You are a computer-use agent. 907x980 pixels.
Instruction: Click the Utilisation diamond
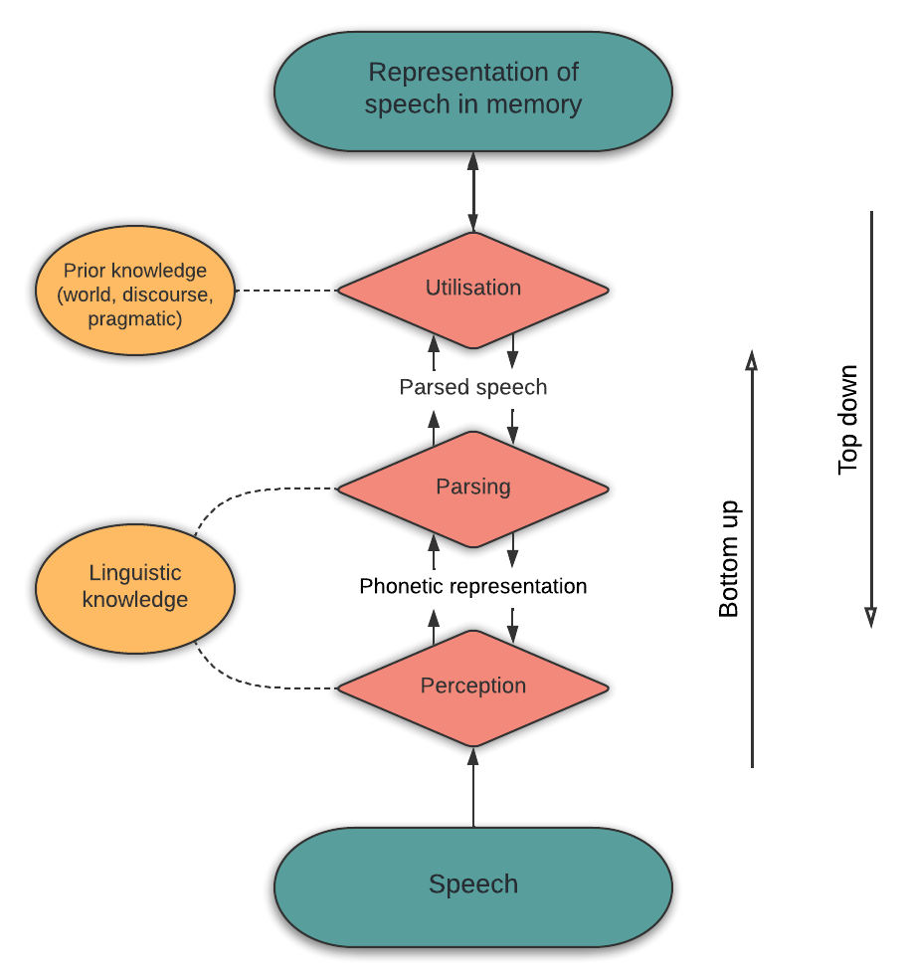tap(472, 290)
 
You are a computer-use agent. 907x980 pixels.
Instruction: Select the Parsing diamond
tap(472, 489)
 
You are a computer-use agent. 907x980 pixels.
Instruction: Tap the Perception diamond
tap(472, 687)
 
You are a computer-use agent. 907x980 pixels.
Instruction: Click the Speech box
tap(472, 886)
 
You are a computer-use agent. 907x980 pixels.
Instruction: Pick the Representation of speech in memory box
tap(472, 92)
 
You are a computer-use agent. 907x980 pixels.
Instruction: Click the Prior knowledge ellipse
tap(135, 291)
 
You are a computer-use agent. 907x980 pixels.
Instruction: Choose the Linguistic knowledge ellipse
tap(135, 589)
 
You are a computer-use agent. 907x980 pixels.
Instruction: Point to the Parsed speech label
tap(472, 387)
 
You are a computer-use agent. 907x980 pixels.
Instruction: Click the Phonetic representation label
tap(472, 586)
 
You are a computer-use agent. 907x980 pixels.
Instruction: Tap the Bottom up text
tap(728, 559)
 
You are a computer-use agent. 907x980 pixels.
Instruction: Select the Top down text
tap(847, 420)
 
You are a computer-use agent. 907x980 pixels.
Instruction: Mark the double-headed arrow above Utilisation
tap(472, 192)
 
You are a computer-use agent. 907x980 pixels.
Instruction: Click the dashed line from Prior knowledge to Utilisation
tap(286, 291)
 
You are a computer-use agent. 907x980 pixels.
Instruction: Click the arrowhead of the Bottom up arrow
tap(752, 360)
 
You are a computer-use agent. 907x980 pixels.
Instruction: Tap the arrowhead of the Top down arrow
tap(871, 618)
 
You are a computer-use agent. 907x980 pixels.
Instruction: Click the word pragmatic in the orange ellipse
tap(135, 319)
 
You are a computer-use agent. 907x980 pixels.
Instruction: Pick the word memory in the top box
tap(534, 104)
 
